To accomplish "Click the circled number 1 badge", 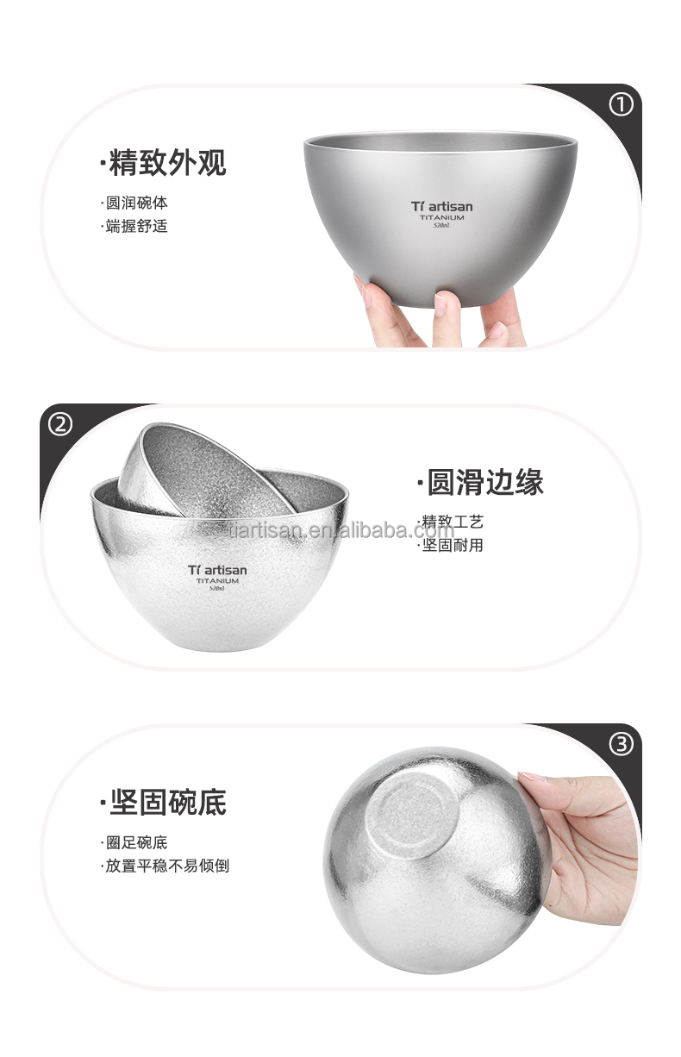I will point(621,105).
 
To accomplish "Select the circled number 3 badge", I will point(621,744).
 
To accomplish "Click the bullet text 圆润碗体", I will point(136,204).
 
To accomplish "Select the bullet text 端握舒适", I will point(136,227).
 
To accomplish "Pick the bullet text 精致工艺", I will point(452,522).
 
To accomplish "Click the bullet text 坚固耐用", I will point(452,545).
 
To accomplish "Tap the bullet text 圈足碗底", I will point(136,843).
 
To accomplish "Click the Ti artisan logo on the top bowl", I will point(441,206).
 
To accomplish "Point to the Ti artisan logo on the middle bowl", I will point(217,569).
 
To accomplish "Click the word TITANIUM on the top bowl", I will point(442,219).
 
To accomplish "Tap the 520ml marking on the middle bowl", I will point(217,591).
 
